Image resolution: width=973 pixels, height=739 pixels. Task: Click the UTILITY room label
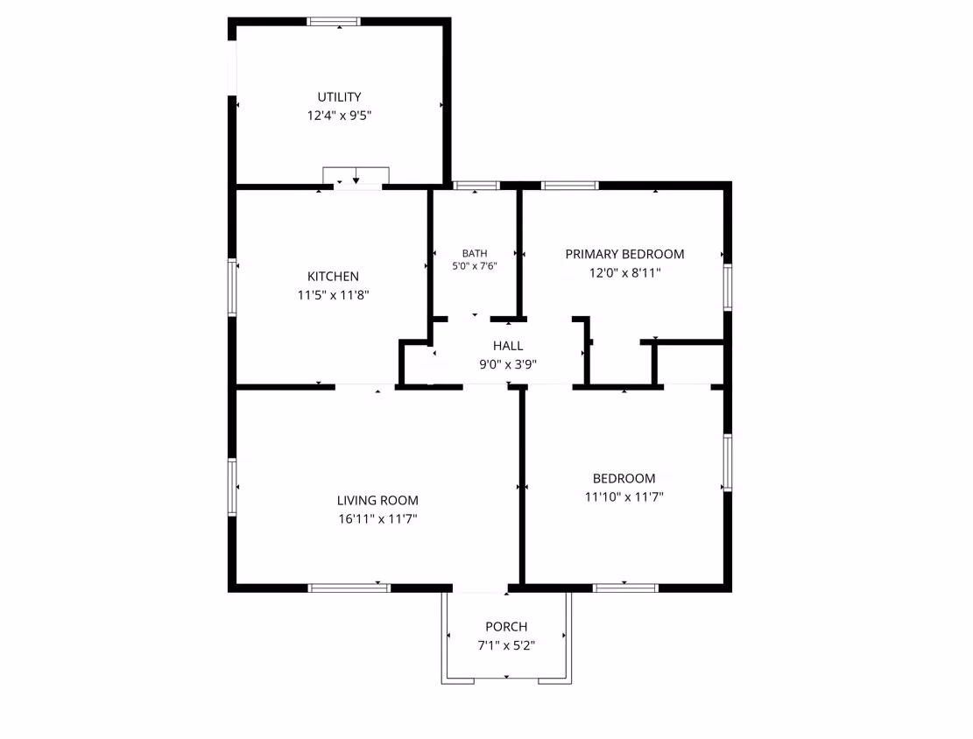click(x=339, y=97)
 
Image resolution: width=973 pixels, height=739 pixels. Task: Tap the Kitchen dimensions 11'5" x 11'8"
click(x=333, y=295)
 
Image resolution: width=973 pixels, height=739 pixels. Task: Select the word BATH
click(x=475, y=253)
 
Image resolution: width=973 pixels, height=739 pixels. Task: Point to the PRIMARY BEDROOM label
click(x=625, y=254)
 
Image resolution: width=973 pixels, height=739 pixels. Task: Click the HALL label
click(x=508, y=346)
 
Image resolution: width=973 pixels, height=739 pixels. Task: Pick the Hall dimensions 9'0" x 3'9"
click(x=508, y=364)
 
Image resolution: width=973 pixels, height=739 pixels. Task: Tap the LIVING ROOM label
click(x=377, y=500)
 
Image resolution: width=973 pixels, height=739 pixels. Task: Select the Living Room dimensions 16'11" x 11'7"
click(x=377, y=518)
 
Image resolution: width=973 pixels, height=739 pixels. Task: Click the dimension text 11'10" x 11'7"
click(x=624, y=496)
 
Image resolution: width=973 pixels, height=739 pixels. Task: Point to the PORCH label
click(x=506, y=627)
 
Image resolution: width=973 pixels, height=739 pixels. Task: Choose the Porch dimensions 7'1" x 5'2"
click(x=506, y=645)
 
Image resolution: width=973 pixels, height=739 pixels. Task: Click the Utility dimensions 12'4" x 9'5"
click(x=339, y=116)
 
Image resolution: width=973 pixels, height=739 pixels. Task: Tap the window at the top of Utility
click(x=333, y=22)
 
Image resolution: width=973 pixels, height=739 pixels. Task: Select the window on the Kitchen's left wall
click(x=233, y=287)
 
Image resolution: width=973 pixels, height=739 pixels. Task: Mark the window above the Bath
click(x=476, y=185)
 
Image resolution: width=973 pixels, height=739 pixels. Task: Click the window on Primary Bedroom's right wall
click(x=728, y=287)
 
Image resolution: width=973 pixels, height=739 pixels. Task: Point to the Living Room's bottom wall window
click(x=349, y=588)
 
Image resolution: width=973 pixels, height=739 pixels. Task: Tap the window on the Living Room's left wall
click(x=233, y=487)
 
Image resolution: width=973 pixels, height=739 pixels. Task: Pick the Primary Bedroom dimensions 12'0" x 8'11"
click(x=625, y=272)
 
